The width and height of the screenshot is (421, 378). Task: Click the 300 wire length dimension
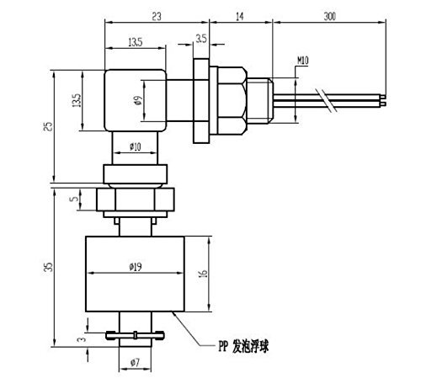click(x=329, y=16)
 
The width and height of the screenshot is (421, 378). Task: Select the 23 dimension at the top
click(x=157, y=16)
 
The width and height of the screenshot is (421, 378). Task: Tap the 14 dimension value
click(x=239, y=17)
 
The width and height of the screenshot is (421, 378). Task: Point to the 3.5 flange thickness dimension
click(x=201, y=39)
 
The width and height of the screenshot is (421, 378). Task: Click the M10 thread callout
click(x=303, y=61)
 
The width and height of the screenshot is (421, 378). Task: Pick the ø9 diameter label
click(x=138, y=100)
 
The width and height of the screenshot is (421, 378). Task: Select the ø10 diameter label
click(x=136, y=146)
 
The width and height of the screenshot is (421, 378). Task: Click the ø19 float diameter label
click(x=136, y=267)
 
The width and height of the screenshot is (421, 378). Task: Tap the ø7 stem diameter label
click(x=135, y=363)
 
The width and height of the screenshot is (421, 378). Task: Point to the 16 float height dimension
click(x=203, y=273)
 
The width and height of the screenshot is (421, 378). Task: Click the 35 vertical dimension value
click(x=49, y=267)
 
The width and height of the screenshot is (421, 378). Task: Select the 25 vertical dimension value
click(x=49, y=126)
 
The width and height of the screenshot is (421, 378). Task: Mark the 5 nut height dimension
click(x=74, y=199)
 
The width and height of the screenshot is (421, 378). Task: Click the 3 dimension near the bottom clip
click(x=82, y=339)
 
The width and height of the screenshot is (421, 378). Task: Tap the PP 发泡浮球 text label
click(x=243, y=346)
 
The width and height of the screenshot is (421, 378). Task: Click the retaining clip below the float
click(x=135, y=335)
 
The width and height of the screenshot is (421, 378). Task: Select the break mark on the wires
click(x=327, y=100)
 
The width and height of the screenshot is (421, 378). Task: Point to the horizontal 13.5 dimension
click(x=136, y=42)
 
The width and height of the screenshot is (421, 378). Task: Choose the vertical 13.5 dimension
click(x=77, y=100)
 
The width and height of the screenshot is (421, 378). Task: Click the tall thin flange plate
click(x=201, y=101)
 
